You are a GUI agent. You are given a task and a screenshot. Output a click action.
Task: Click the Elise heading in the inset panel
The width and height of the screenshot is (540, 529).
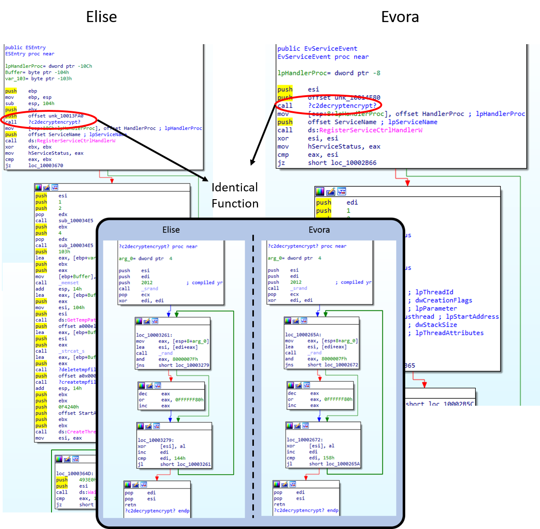click(x=171, y=230)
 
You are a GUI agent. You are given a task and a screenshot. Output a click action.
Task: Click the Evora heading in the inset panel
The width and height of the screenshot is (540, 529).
click(x=319, y=230)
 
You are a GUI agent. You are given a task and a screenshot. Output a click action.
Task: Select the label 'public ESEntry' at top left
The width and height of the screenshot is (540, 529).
click(x=25, y=48)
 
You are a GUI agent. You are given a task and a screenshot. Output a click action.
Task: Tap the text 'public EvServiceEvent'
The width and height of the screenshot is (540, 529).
click(x=317, y=49)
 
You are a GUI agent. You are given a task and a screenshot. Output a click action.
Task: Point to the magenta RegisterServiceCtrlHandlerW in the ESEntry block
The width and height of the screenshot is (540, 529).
click(x=76, y=141)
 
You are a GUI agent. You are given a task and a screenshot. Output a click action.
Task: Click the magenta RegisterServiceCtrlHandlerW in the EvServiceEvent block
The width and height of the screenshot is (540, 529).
click(x=371, y=130)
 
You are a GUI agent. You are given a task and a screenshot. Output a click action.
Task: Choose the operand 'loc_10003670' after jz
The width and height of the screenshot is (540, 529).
click(x=46, y=166)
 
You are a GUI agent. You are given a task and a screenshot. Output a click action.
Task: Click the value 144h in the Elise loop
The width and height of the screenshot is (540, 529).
click(x=180, y=458)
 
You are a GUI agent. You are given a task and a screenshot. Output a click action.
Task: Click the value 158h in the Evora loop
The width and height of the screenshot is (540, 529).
click(x=329, y=458)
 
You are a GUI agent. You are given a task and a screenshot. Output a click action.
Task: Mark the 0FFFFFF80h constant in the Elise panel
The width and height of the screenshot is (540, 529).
click(x=189, y=400)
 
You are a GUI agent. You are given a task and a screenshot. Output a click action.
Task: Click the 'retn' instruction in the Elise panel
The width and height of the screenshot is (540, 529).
click(x=131, y=505)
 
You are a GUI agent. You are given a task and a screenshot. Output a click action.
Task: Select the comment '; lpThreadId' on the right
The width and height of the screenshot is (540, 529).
click(x=431, y=292)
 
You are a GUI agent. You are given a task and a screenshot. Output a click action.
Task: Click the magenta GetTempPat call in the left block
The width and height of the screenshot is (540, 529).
click(x=81, y=320)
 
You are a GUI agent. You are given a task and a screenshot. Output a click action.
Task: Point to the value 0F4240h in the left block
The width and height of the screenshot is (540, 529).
click(x=69, y=407)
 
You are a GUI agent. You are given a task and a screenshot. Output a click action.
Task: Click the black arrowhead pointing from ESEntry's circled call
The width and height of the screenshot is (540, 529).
click(x=205, y=179)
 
